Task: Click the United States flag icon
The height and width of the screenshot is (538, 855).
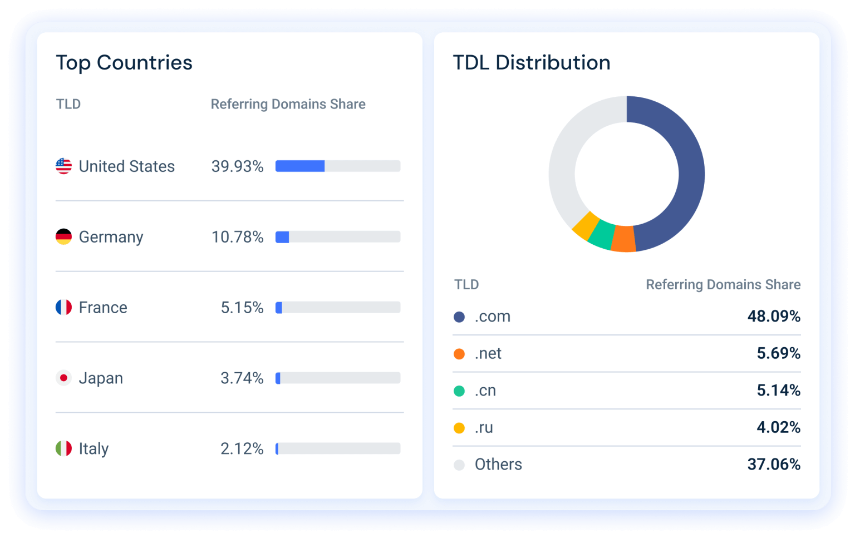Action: coord(63,166)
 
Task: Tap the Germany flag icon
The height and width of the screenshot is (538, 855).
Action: coord(63,236)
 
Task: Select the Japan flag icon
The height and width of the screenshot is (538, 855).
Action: coord(63,378)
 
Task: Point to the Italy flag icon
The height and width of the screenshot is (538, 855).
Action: coord(63,448)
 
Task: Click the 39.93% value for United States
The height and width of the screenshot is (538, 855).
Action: coord(237,166)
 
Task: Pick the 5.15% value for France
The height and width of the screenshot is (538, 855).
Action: coord(242,308)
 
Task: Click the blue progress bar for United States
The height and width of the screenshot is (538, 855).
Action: coord(300,166)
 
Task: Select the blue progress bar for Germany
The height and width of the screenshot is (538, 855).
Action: coord(282,237)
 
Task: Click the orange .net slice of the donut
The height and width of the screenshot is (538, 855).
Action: coord(623,239)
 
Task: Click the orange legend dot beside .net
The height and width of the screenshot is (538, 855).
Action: coord(459,354)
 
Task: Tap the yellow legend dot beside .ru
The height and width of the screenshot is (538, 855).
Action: coord(459,428)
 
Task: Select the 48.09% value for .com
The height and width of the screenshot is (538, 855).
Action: coord(774,317)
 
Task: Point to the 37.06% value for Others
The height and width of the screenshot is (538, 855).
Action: coord(774,465)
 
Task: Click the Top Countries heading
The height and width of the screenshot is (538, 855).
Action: coord(124,63)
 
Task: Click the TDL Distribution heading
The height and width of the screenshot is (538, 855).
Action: coord(532,63)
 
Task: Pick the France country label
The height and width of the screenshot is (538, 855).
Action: coord(103,308)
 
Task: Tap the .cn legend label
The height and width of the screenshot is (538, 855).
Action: coord(485,391)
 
